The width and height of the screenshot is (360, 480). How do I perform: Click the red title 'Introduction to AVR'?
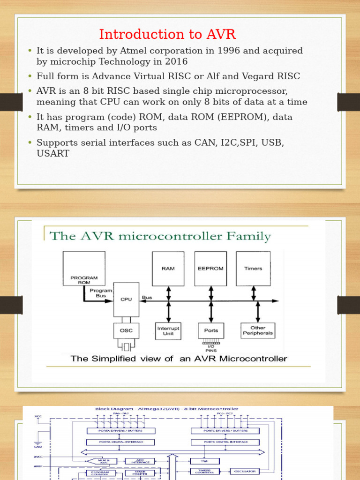(167, 34)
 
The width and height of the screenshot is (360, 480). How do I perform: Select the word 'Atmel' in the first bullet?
(120, 51)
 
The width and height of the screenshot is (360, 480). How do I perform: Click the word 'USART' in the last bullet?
(53, 153)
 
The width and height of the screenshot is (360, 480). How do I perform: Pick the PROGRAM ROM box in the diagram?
(84, 269)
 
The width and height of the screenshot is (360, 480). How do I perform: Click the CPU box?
(126, 299)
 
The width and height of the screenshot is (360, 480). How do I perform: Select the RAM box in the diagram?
(168, 269)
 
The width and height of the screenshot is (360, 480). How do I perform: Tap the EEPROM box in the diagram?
(210, 269)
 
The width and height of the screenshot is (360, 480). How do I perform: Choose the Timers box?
(253, 269)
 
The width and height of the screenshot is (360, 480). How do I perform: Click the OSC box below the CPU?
(126, 331)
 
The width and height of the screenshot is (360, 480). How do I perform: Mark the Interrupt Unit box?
(168, 331)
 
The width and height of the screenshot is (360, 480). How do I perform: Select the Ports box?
(211, 330)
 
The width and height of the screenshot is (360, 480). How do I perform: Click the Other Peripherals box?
(258, 331)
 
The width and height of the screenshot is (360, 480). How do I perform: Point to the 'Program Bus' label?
(101, 293)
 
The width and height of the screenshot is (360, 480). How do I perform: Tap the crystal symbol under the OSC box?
(126, 347)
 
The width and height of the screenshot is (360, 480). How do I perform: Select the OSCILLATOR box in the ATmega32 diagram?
(245, 471)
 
